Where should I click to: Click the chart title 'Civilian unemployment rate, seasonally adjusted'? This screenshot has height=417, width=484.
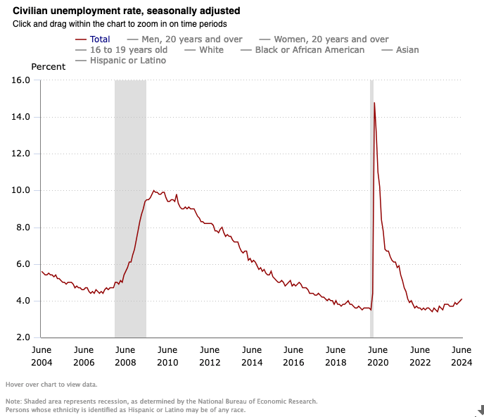click(127, 11)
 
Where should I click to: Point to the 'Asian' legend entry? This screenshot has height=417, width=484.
click(407, 50)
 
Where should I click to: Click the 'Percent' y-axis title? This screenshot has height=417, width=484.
click(49, 67)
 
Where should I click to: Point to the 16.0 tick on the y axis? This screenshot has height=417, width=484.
click(22, 80)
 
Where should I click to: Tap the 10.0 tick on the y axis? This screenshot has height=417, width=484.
click(22, 190)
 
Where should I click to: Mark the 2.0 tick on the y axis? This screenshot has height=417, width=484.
click(22, 337)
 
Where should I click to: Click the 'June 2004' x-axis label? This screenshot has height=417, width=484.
click(41, 356)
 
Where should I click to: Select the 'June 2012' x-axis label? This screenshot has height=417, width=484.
click(209, 356)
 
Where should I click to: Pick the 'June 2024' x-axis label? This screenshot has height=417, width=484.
click(461, 356)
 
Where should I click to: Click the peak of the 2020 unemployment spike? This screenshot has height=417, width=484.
click(374, 103)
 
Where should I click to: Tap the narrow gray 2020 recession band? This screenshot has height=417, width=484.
click(371, 211)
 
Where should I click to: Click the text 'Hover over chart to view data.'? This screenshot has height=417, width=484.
click(51, 385)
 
